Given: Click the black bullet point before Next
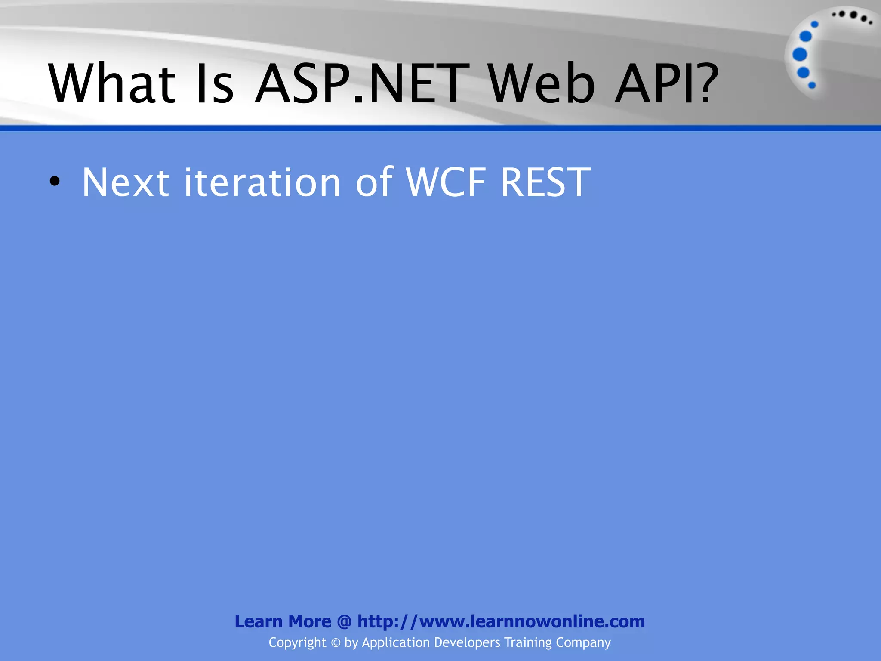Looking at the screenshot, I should tap(55, 182).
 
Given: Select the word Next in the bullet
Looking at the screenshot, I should tap(125, 182).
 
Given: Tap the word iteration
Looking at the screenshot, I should tap(262, 182).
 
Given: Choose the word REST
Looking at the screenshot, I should tap(545, 182).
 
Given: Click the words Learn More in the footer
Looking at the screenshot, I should tap(283, 621).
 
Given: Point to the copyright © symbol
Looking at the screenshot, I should tap(336, 643).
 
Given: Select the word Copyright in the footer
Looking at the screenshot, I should tap(297, 642).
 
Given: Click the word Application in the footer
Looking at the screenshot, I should tap(396, 642).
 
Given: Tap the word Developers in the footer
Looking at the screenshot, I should tap(467, 642).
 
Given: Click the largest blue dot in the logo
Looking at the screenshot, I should tap(800, 54).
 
